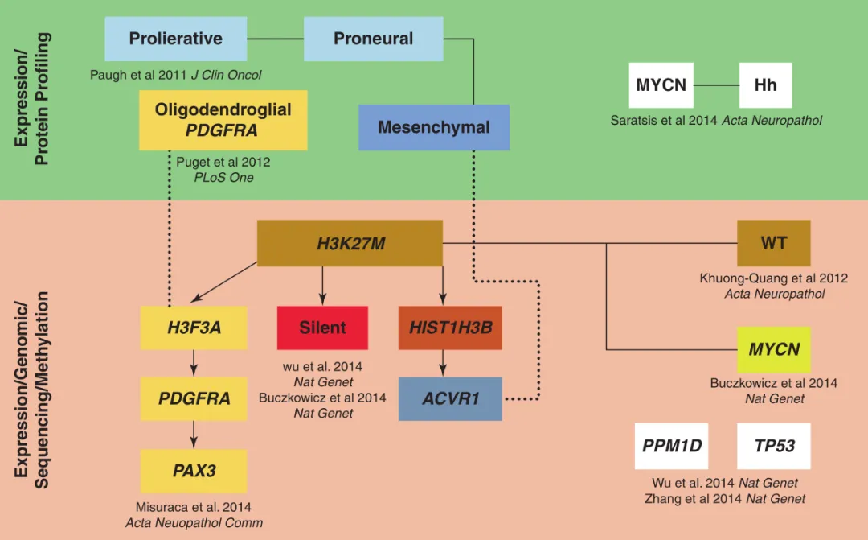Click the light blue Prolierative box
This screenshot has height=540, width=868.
pos(175,39)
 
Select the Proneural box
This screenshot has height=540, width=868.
pos(373,39)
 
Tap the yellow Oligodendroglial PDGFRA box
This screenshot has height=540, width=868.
pos(223,120)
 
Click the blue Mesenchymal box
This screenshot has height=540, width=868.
pos(433,127)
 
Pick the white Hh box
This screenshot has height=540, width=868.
pos(765,85)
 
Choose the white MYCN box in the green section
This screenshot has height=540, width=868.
pos(661,85)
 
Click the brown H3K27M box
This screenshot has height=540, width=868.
pos(350,243)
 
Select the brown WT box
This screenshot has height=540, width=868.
pos(773,243)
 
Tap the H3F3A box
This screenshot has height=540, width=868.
pos(194,328)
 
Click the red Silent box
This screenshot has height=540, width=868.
pos(322,328)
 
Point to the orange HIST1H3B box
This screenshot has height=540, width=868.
pos(450,328)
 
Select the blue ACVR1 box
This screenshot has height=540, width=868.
pos(450,398)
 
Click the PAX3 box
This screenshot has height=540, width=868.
pos(194,471)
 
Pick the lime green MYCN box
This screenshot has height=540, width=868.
pos(773,349)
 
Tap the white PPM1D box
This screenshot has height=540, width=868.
pos(671,446)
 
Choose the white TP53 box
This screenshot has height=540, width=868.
pos(773,446)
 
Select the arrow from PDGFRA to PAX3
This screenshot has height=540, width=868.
pos(194,435)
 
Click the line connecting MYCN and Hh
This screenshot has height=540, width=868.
pos(716,85)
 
